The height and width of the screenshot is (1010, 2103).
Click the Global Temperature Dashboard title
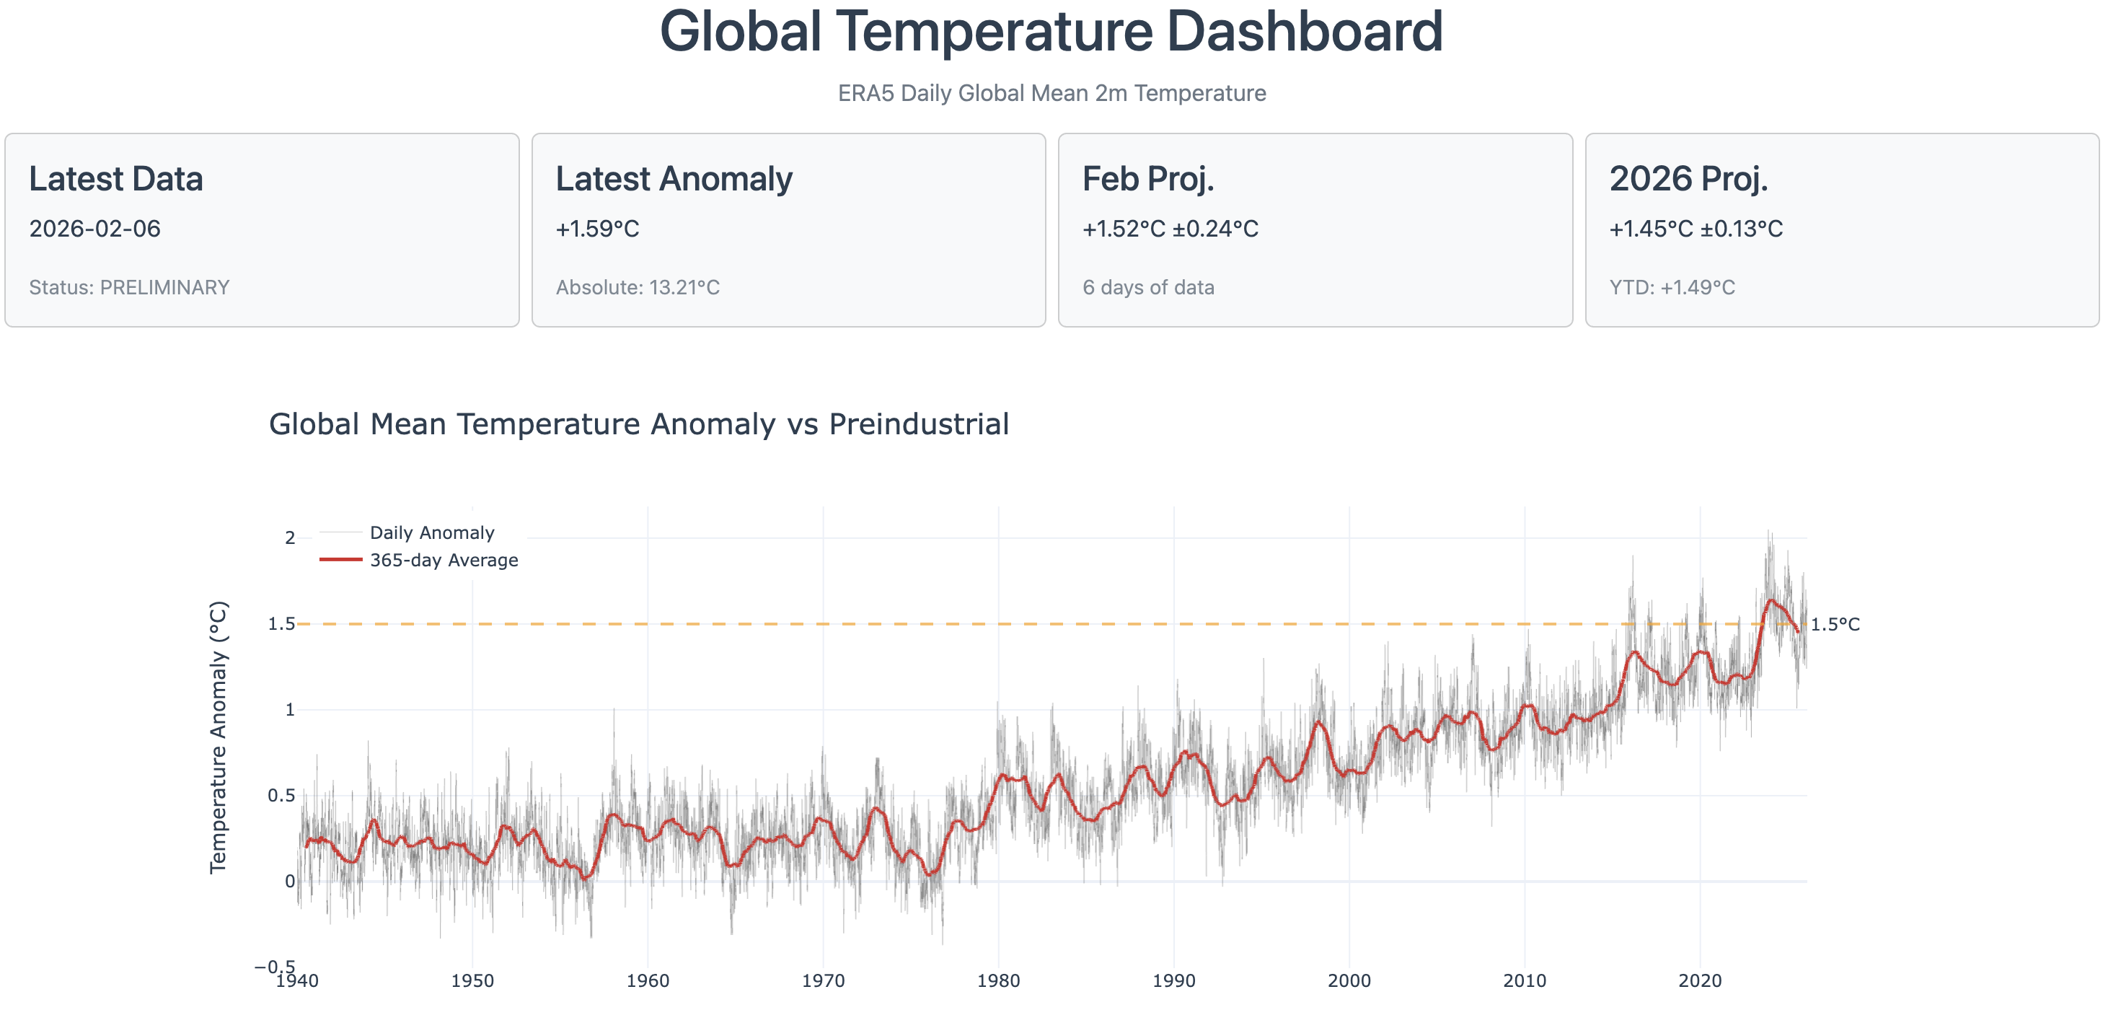[1051, 32]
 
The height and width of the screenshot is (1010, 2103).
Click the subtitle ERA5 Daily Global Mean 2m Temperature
[1051, 93]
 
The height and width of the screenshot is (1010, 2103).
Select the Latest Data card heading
[116, 179]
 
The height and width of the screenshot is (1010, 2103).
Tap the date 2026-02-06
[94, 229]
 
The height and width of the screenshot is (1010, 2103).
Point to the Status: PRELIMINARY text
[129, 287]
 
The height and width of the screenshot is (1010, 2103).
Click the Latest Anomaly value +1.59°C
[596, 229]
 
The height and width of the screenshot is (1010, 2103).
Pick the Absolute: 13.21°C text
[638, 287]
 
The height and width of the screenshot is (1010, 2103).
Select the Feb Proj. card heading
[1148, 179]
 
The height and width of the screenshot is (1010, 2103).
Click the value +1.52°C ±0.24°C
[1170, 229]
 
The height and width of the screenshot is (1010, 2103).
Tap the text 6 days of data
[1148, 287]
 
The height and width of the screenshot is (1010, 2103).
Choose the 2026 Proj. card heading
[1688, 179]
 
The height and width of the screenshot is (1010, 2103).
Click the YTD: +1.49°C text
[1672, 287]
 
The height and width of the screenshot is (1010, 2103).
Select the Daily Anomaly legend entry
[432, 533]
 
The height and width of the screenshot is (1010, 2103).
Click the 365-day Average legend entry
[444, 560]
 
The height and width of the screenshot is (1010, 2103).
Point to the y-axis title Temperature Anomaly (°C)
[218, 737]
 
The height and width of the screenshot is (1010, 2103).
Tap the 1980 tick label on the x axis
[997, 980]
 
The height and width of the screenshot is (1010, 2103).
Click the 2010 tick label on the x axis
[1524, 980]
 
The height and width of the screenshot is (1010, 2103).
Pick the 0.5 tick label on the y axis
[281, 795]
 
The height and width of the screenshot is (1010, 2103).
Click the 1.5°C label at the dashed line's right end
[1835, 625]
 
